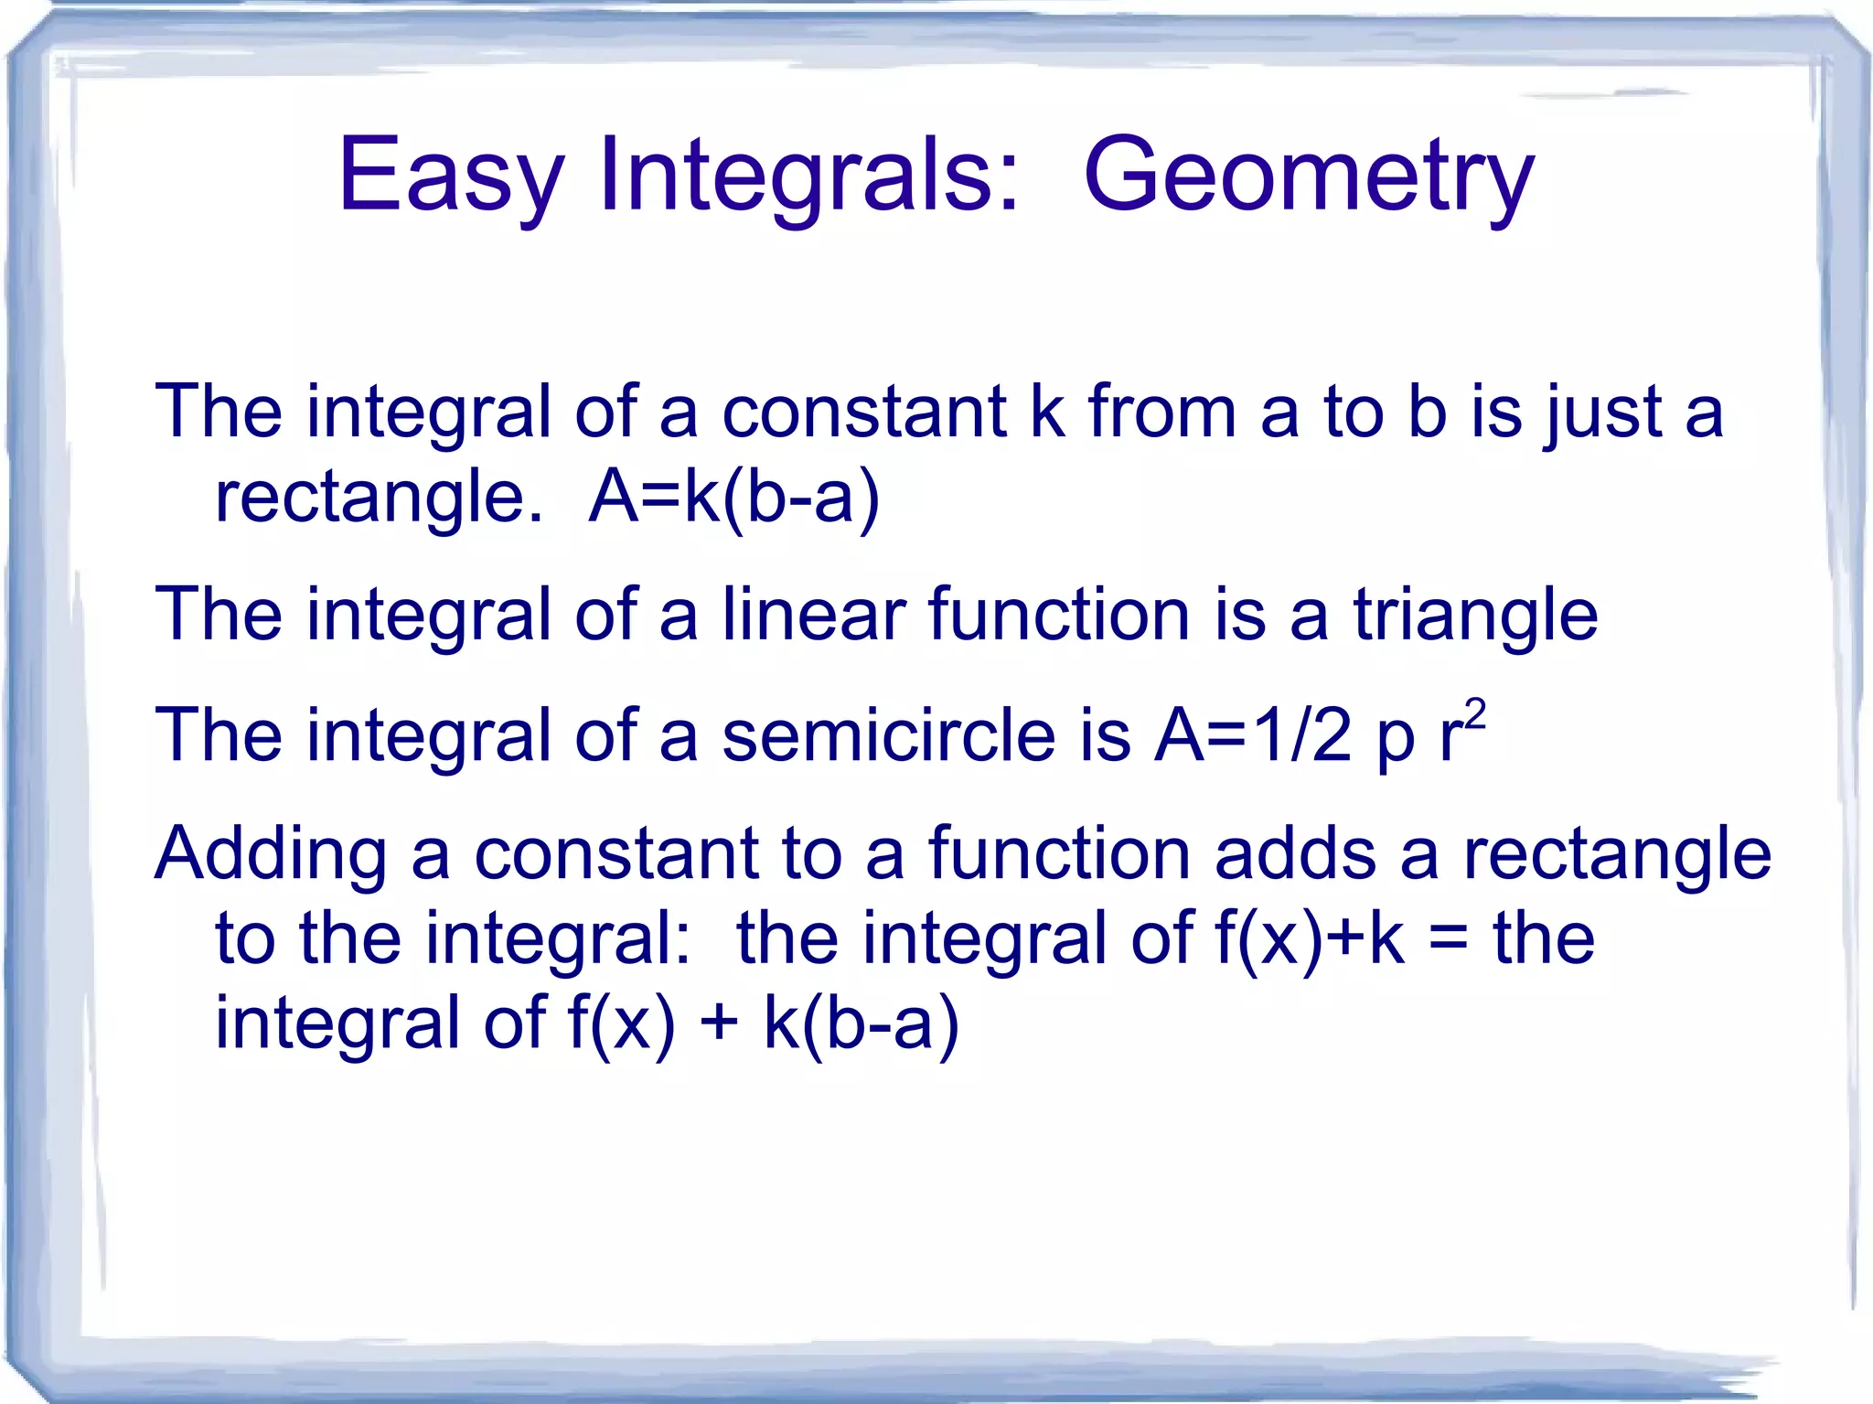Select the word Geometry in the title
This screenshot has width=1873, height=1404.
pos(1308,176)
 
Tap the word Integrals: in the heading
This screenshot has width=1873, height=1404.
pos(808,176)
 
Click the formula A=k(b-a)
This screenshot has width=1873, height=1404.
pos(734,498)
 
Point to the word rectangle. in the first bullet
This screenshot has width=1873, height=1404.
pos(379,498)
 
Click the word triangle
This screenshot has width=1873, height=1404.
pos(1475,615)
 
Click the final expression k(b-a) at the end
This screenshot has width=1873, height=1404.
pos(861,1024)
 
